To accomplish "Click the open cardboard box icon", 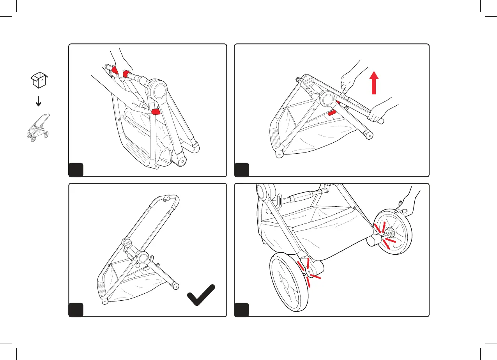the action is (x=39, y=80).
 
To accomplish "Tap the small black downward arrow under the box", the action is (x=38, y=101).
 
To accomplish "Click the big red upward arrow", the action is (x=374, y=83).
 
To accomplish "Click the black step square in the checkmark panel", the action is (x=76, y=310).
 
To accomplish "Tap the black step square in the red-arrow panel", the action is (x=241, y=170).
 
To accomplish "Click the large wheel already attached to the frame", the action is (x=289, y=282).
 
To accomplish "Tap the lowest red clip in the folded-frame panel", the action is (x=155, y=112).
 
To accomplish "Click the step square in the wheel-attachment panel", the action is (x=241, y=310).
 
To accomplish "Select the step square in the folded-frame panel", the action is (x=76, y=170).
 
